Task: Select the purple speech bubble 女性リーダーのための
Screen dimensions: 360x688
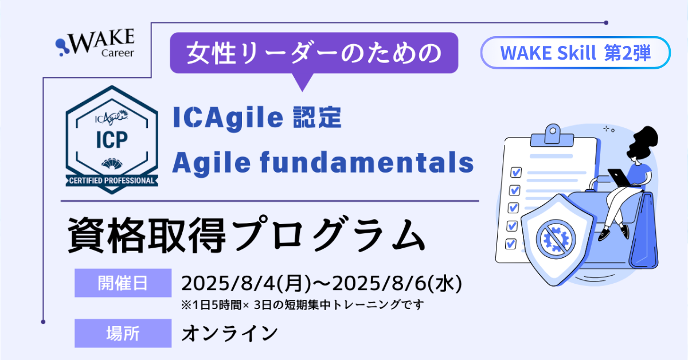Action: [x=314, y=53]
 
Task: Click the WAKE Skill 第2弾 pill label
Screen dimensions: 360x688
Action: [x=575, y=53]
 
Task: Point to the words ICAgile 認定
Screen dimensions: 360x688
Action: [x=257, y=119]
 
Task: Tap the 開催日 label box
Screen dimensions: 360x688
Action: [x=123, y=283]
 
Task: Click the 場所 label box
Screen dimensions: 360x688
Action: [x=123, y=333]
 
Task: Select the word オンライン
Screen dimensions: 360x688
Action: [x=230, y=333]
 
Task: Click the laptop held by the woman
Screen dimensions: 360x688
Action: [x=619, y=177]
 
